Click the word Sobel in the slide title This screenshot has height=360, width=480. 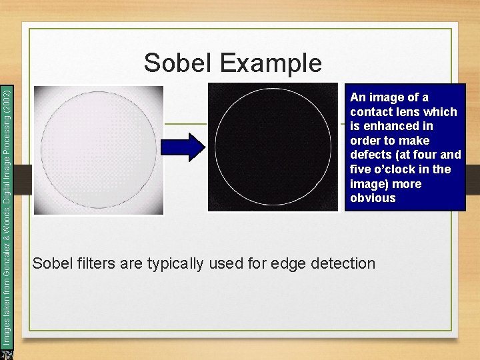tap(177, 63)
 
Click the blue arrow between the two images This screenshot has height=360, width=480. tap(187, 147)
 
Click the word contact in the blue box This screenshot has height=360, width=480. tap(372, 112)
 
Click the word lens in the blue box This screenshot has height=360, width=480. tap(418, 112)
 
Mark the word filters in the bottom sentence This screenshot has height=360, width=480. tap(96, 263)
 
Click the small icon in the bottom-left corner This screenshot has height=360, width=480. tap(7, 353)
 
